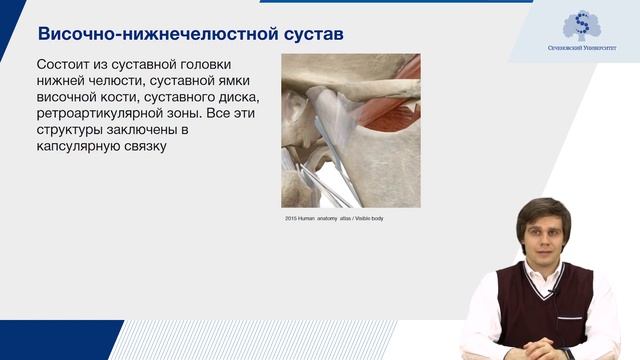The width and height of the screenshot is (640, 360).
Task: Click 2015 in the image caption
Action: (x=291, y=217)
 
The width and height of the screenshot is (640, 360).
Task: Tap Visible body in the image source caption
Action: (x=364, y=217)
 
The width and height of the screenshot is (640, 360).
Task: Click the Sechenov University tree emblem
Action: (x=578, y=24)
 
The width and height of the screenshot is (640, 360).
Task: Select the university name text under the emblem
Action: (x=578, y=47)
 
